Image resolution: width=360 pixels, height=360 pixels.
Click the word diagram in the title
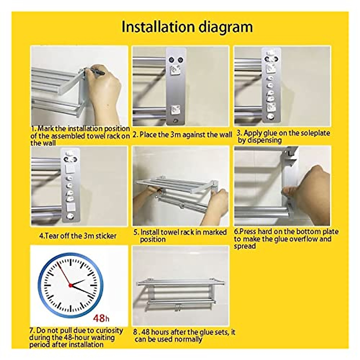226,27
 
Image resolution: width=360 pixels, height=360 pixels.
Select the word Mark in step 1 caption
46,129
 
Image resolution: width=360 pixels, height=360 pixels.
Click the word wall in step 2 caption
225,135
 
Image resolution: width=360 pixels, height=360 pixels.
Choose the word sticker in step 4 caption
104,236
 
